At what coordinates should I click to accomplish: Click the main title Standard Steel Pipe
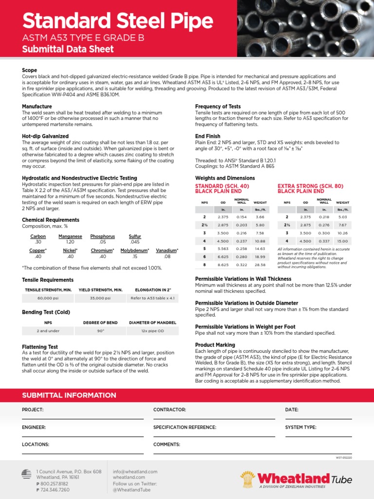click(x=117, y=21)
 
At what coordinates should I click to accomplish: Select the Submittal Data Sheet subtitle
click(x=68, y=49)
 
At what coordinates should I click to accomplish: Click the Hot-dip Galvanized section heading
click(x=45, y=136)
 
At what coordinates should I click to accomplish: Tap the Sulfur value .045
click(x=135, y=242)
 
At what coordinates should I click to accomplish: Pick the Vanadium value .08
click(x=167, y=256)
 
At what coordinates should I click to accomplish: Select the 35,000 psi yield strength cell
click(x=100, y=298)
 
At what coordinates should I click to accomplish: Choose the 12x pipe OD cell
click(x=151, y=331)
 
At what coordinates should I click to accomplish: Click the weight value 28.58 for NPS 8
click(x=260, y=265)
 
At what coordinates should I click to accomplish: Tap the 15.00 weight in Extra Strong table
click(x=342, y=241)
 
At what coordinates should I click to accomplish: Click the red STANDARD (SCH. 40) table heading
click(x=222, y=186)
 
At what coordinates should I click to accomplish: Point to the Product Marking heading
click(x=215, y=345)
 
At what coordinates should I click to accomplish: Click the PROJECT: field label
click(x=33, y=410)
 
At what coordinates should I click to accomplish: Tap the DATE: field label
click(x=292, y=410)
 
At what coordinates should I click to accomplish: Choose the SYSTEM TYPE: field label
click(x=300, y=427)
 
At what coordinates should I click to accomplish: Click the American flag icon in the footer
click(x=27, y=473)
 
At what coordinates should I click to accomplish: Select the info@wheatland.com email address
click(x=135, y=472)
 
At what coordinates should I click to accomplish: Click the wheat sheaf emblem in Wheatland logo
click(x=248, y=479)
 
